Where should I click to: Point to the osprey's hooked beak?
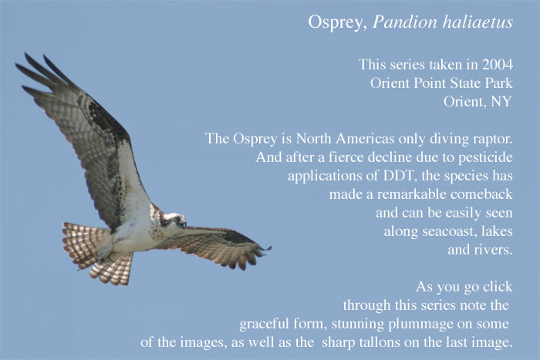pyautogui.click(x=184, y=225)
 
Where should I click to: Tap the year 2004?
pyautogui.click(x=498, y=64)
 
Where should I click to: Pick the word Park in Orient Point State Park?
pyautogui.click(x=498, y=83)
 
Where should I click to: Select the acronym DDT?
pyautogui.click(x=400, y=176)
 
